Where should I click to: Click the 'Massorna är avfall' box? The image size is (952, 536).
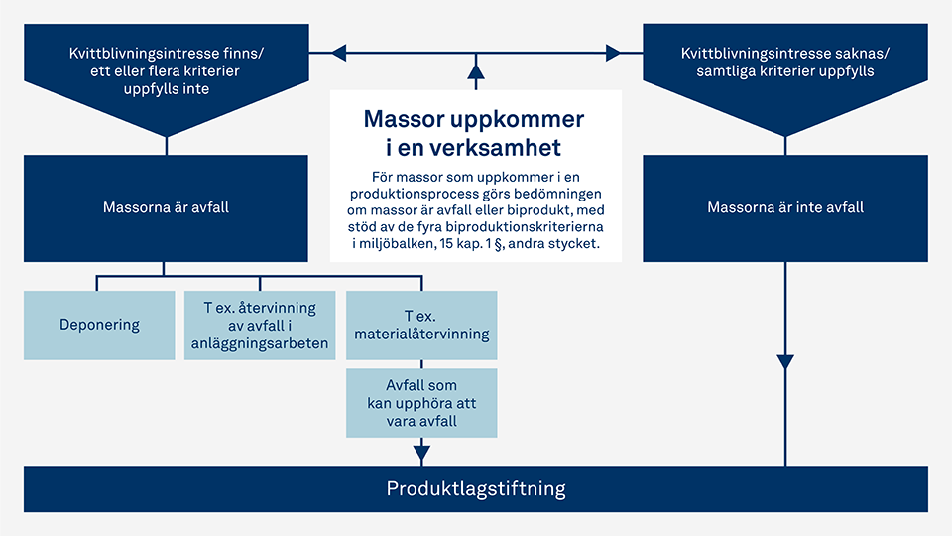(x=167, y=208)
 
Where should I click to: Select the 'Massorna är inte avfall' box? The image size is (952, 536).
(x=785, y=208)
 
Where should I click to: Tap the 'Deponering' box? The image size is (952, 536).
(x=99, y=325)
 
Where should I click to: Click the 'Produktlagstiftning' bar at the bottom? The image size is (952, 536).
(x=476, y=488)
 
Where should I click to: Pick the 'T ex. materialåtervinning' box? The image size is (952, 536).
(x=421, y=325)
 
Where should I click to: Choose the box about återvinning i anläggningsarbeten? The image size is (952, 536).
(x=260, y=325)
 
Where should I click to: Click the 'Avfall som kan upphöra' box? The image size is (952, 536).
(x=421, y=402)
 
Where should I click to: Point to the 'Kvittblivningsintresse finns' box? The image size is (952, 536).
(x=167, y=70)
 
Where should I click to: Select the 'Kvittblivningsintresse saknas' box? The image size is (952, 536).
(x=785, y=70)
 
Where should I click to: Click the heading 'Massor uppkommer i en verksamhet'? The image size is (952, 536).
(x=475, y=133)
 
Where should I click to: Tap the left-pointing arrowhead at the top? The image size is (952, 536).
(x=338, y=52)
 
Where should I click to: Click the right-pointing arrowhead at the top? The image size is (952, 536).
(x=613, y=52)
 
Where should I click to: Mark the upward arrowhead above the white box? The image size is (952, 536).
(x=476, y=71)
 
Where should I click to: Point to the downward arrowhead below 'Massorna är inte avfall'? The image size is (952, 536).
(x=785, y=362)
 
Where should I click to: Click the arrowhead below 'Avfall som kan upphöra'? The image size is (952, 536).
(x=421, y=454)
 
